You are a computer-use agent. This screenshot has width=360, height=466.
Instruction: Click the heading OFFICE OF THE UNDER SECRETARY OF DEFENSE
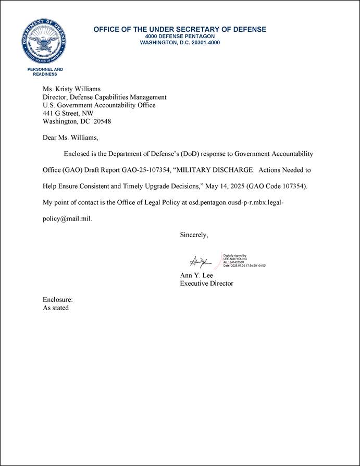tap(180, 30)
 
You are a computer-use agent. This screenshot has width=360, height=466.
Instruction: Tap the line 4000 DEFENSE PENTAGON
tap(180, 36)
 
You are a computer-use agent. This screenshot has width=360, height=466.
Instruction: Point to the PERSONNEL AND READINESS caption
tap(45, 72)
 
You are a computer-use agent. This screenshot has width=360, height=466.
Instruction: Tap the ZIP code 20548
tap(102, 121)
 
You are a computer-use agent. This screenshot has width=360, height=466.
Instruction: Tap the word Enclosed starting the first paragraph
tap(78, 154)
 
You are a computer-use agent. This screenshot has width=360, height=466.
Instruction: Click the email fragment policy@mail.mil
tap(67, 219)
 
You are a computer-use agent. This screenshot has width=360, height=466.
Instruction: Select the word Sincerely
tap(194, 235)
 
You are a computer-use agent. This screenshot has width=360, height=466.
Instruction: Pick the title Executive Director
tap(206, 284)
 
